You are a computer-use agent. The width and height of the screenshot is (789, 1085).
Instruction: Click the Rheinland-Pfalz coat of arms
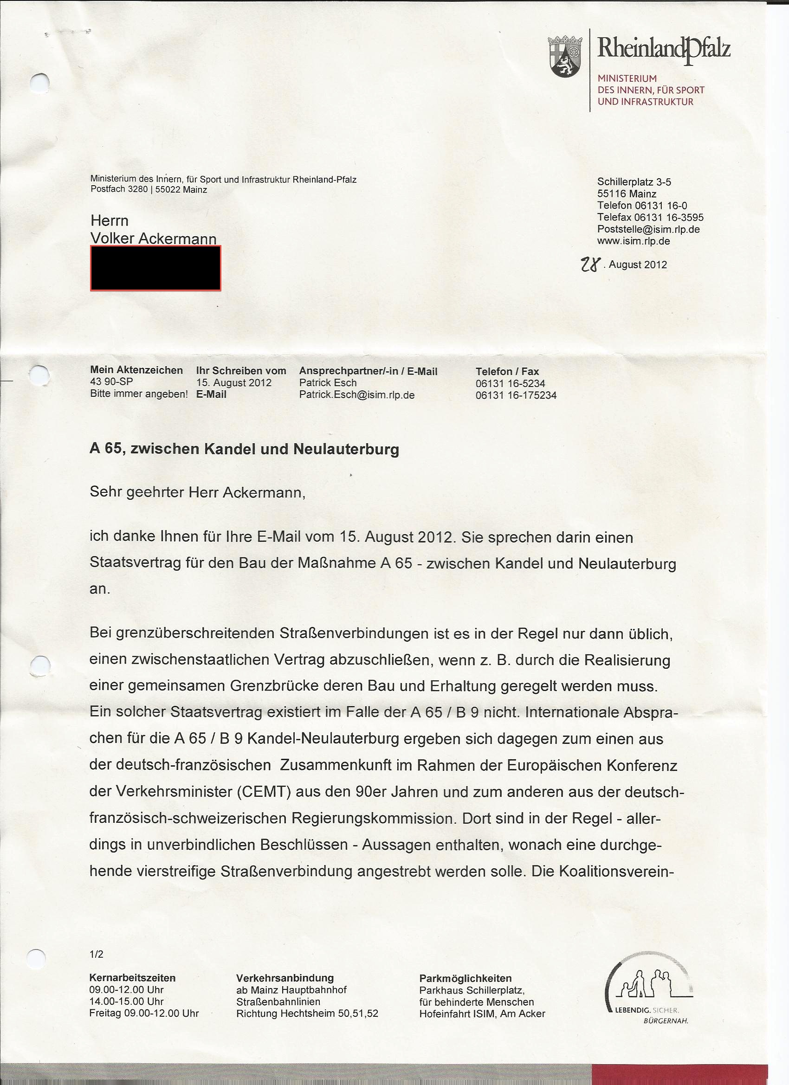coord(565,57)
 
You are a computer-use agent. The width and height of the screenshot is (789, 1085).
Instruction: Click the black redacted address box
coord(155,268)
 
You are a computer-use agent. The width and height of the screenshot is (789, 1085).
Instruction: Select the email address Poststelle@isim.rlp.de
coord(648,229)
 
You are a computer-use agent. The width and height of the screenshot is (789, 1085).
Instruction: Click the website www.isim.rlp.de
coord(633,241)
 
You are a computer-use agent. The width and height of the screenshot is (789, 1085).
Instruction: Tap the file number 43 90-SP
coord(111,382)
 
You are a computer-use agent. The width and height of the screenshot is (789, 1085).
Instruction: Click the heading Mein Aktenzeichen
coord(136,370)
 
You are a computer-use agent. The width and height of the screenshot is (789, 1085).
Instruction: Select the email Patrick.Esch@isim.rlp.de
coord(356,395)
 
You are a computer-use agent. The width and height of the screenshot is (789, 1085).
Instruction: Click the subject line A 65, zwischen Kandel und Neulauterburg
coord(244,449)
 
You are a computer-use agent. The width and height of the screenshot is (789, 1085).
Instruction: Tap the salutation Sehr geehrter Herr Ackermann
coord(197,493)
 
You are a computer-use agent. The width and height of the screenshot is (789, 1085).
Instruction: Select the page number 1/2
coord(96,941)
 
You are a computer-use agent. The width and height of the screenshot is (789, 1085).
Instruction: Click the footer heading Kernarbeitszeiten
coord(133,964)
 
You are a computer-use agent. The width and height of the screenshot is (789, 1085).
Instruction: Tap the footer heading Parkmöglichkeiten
coord(466,965)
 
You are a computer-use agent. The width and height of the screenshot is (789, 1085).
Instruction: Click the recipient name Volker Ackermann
coord(154,238)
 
